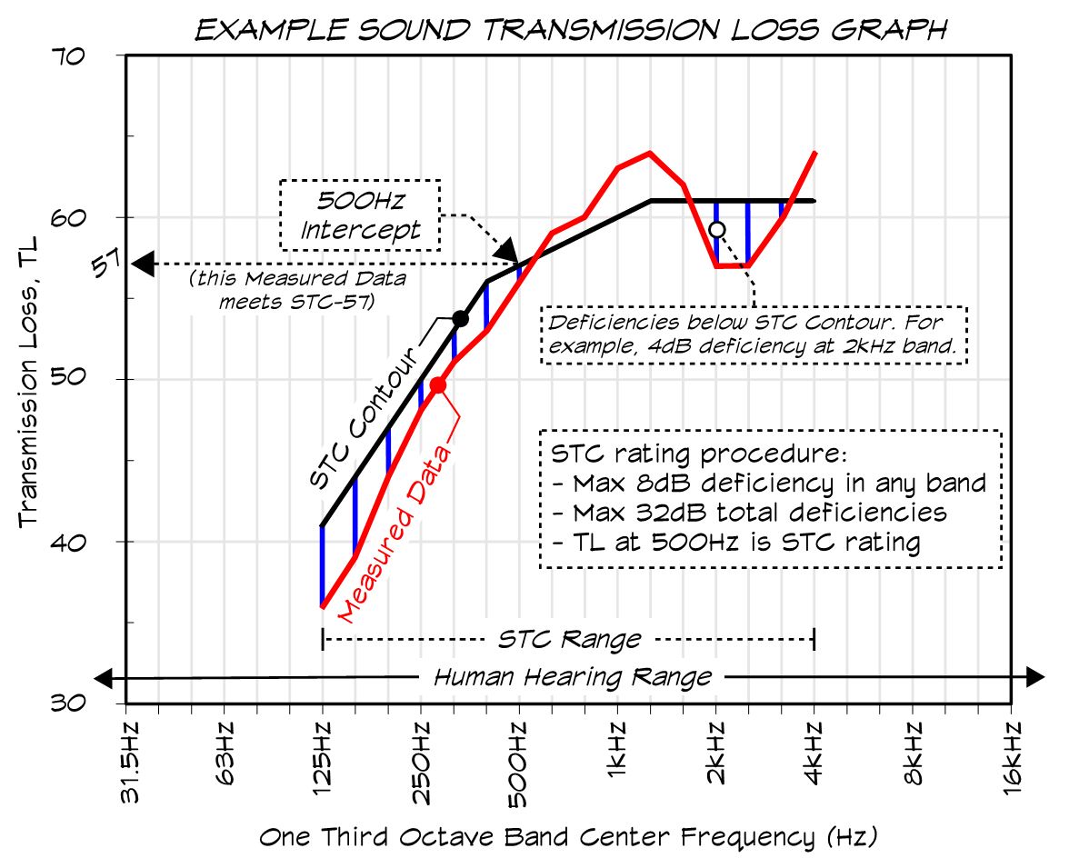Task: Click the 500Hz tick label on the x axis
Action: pos(518,764)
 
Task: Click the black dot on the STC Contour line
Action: pos(461,318)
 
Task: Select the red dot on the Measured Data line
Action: pos(438,385)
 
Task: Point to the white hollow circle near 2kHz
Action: pos(716,229)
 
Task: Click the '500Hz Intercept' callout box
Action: pos(360,214)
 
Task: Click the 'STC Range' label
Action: pos(568,639)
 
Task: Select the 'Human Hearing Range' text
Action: pos(572,677)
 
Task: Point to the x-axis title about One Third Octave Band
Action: pos(568,836)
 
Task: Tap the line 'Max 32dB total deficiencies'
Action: pos(749,512)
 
